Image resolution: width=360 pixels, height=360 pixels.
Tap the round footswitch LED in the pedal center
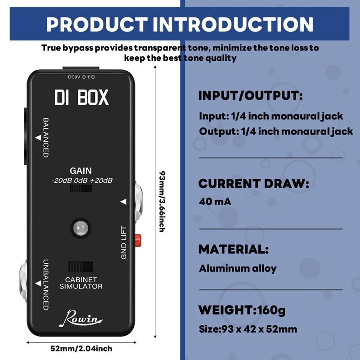tap(81, 229)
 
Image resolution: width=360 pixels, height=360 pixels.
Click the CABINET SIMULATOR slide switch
tap(81, 266)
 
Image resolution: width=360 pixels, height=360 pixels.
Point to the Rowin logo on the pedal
tap(81, 319)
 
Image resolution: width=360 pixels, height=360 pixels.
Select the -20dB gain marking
tap(60, 180)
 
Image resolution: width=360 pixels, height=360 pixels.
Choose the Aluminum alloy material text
tap(238, 269)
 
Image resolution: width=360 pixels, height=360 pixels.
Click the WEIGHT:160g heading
tap(242, 310)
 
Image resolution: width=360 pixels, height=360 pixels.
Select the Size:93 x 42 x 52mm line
tap(248, 329)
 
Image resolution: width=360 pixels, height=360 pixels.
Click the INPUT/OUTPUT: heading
tap(251, 96)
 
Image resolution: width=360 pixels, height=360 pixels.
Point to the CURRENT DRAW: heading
tap(254, 184)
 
